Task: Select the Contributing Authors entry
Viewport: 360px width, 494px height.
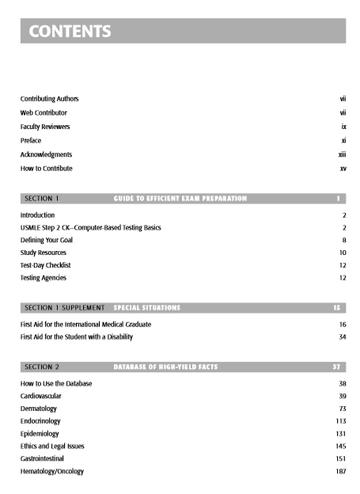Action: click(x=49, y=98)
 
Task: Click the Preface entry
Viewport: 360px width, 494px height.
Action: click(x=31, y=140)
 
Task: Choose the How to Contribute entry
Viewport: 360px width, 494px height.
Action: click(x=47, y=169)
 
